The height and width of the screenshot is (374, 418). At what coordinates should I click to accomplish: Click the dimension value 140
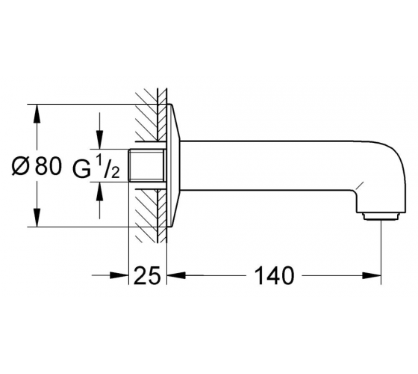(x=275, y=275)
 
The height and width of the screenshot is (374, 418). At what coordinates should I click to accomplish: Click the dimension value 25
(x=147, y=275)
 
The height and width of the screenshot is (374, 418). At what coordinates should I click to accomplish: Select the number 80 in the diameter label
(x=48, y=166)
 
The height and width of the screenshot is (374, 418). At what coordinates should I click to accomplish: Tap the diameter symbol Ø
(x=20, y=166)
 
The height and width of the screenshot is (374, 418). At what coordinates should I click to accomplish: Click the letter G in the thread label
(x=81, y=169)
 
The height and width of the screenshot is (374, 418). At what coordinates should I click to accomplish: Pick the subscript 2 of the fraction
(x=115, y=173)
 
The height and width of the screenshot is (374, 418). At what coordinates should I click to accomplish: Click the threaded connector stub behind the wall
(x=146, y=165)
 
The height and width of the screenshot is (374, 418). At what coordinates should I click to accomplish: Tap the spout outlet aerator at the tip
(x=381, y=216)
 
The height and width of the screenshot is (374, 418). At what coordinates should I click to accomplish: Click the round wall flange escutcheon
(x=173, y=165)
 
